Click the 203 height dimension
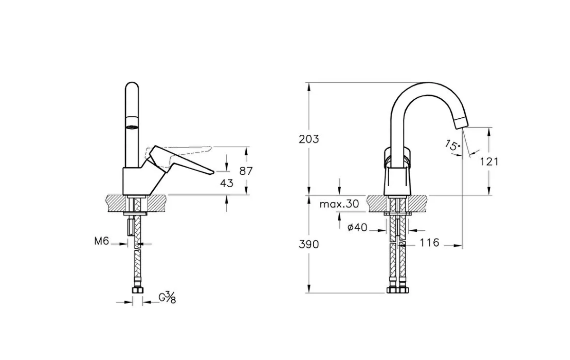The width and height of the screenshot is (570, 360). (x=308, y=139)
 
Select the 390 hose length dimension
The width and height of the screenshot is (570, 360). (x=308, y=245)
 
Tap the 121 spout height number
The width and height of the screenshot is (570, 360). (x=489, y=161)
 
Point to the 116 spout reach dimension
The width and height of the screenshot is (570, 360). (x=430, y=243)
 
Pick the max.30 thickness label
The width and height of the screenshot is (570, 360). (x=339, y=204)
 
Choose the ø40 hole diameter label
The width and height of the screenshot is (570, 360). (x=357, y=227)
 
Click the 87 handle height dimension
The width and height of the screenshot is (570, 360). (x=246, y=171)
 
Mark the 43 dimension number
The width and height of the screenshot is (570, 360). (x=226, y=183)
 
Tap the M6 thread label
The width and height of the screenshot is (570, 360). (x=102, y=241)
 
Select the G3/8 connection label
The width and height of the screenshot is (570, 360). (x=167, y=298)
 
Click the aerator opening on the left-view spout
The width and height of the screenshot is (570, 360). (x=132, y=126)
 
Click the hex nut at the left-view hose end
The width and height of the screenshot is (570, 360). (x=138, y=290)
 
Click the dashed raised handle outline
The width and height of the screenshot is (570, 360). (x=178, y=156)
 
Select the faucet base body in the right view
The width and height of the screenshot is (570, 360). (x=397, y=180)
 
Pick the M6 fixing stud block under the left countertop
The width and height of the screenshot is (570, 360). (x=131, y=227)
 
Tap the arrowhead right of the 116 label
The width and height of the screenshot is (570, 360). (x=458, y=246)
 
